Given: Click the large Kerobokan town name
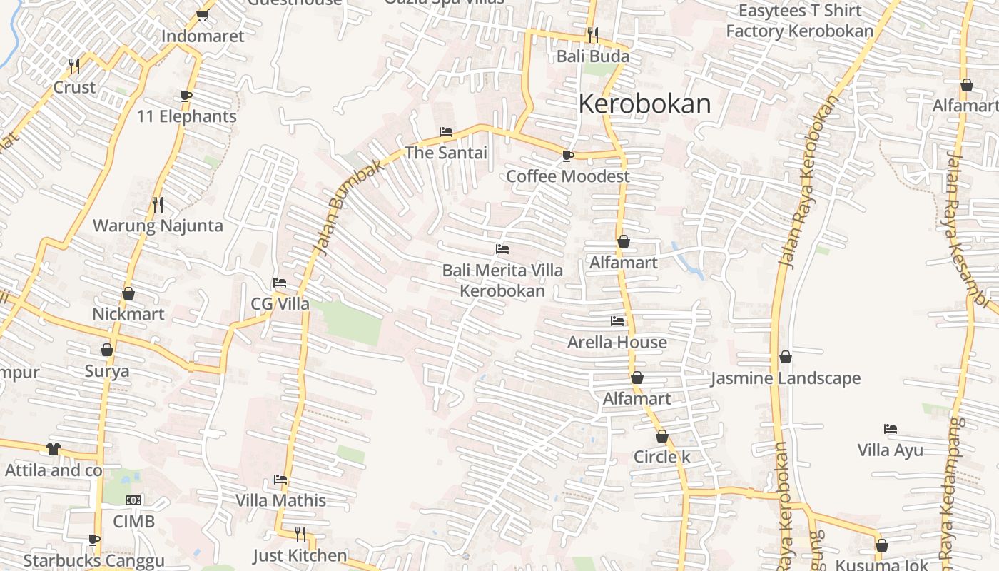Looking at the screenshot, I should [x=644, y=104].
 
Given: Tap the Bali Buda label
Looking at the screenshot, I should [x=593, y=56].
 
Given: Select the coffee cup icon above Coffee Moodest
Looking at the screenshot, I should [x=568, y=155].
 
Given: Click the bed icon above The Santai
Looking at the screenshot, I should [x=446, y=132].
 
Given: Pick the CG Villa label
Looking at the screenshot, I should [x=280, y=304].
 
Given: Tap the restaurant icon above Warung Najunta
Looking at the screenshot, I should [x=158, y=205].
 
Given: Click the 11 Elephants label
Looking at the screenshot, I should [x=186, y=116].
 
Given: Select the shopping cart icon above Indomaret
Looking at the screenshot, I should [x=202, y=15].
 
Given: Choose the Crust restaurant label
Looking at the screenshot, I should [x=74, y=87].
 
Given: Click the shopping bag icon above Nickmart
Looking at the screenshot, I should [x=128, y=293].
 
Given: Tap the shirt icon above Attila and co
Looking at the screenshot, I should [x=54, y=449].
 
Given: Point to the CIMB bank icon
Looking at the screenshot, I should [x=133, y=500].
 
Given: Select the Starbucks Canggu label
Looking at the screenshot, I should [x=93, y=561].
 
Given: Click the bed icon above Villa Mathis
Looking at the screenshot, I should [x=280, y=480].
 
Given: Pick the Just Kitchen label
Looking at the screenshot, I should [x=300, y=555].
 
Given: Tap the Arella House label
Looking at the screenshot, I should [x=617, y=343].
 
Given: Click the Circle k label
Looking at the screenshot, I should [x=662, y=457].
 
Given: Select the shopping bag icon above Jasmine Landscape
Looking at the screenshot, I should [x=786, y=357].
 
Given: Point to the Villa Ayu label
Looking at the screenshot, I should [x=890, y=450].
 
